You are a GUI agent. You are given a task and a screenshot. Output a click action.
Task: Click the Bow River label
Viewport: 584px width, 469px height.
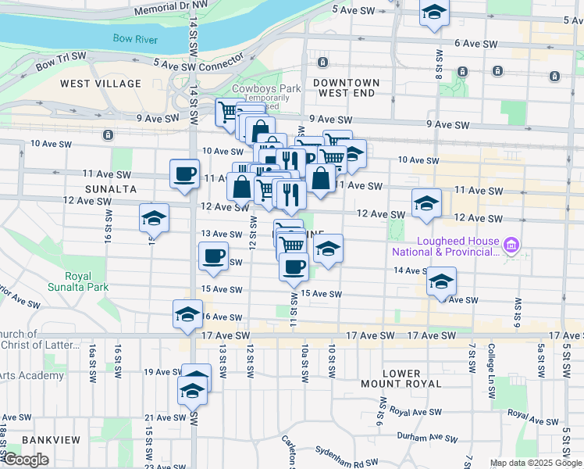(135, 38)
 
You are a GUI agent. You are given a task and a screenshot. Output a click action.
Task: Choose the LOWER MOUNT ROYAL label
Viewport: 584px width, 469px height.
(401, 378)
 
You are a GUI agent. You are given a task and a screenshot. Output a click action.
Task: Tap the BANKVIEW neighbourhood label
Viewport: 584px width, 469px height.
(51, 440)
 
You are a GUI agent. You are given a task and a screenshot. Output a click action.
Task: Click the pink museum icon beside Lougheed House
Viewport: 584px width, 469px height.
(511, 246)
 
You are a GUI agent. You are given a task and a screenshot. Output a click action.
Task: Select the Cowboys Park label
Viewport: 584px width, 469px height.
(266, 88)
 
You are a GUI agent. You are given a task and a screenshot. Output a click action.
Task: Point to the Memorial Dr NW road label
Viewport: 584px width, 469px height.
(171, 9)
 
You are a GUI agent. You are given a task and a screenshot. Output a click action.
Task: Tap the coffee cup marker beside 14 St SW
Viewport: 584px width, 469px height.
(184, 174)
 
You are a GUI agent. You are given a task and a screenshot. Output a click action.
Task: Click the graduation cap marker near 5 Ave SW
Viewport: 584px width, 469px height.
(434, 13)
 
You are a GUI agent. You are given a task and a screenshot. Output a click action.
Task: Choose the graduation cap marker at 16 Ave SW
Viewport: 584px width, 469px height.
(187, 314)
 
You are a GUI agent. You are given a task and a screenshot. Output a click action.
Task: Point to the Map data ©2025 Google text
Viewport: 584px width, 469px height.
(536, 463)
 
